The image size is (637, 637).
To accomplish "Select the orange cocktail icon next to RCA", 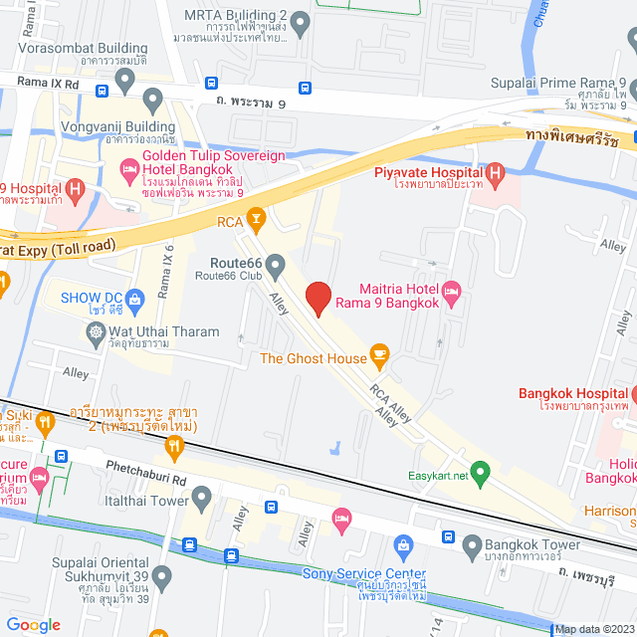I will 256,216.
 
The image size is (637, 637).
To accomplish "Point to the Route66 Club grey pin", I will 276,264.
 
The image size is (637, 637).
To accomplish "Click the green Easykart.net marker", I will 481,472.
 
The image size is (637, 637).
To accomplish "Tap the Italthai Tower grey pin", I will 202,495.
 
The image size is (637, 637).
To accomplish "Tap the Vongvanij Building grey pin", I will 153,99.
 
